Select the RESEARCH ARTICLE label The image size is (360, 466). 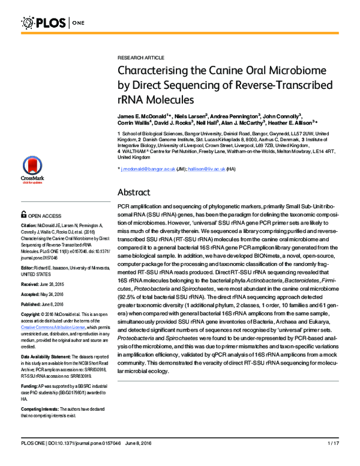(139, 58)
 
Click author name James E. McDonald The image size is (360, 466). (143, 115)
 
